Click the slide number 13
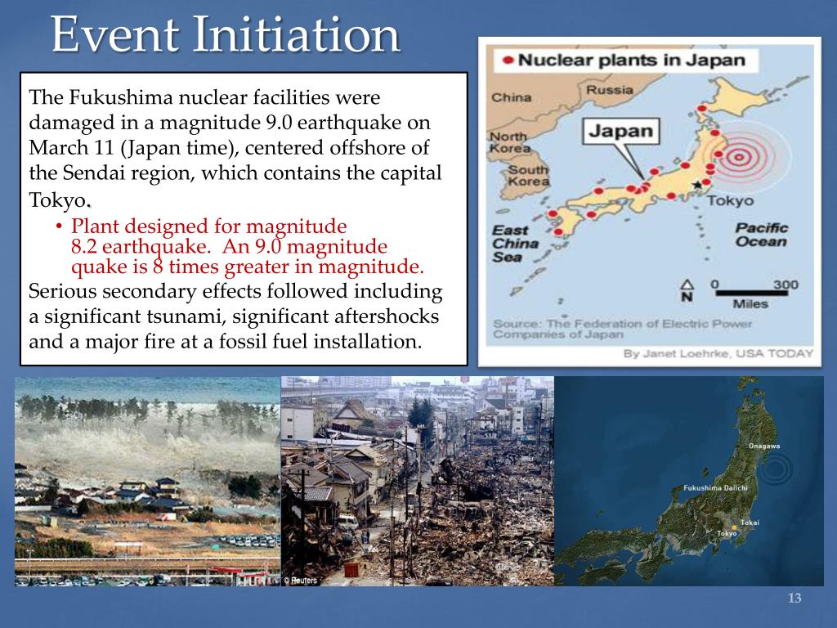click(794, 599)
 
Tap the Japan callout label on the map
click(621, 131)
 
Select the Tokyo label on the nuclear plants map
click(730, 201)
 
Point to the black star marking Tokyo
click(696, 186)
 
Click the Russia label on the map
click(609, 90)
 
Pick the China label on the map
click(511, 98)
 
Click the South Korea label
click(528, 175)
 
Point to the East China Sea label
click(515, 243)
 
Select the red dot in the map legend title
click(508, 60)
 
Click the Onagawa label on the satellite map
click(764, 446)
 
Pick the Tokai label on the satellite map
click(750, 522)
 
